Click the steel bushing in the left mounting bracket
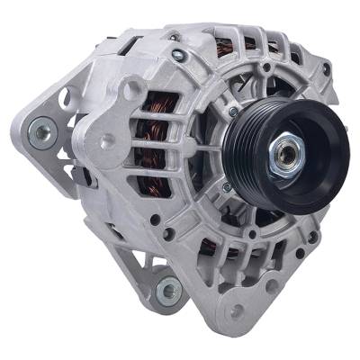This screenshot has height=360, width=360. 40,134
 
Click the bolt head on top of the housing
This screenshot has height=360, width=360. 181,56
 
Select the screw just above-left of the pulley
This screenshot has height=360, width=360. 233,110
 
